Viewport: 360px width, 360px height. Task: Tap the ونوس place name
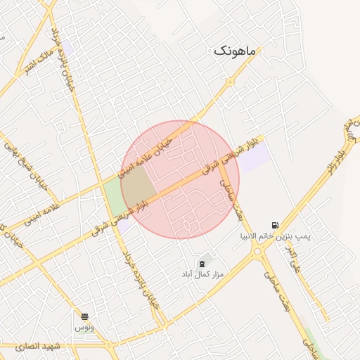pos(84,328)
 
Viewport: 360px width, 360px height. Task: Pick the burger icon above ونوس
pos(84,317)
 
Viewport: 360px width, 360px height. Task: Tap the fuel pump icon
pos(274,224)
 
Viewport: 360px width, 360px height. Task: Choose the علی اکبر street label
pos(295,259)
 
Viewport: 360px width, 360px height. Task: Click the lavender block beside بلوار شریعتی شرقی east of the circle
pos(253,156)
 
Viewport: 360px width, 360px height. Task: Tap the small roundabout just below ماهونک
pos(229,82)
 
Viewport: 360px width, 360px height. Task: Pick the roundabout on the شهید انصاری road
pos(112,346)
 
